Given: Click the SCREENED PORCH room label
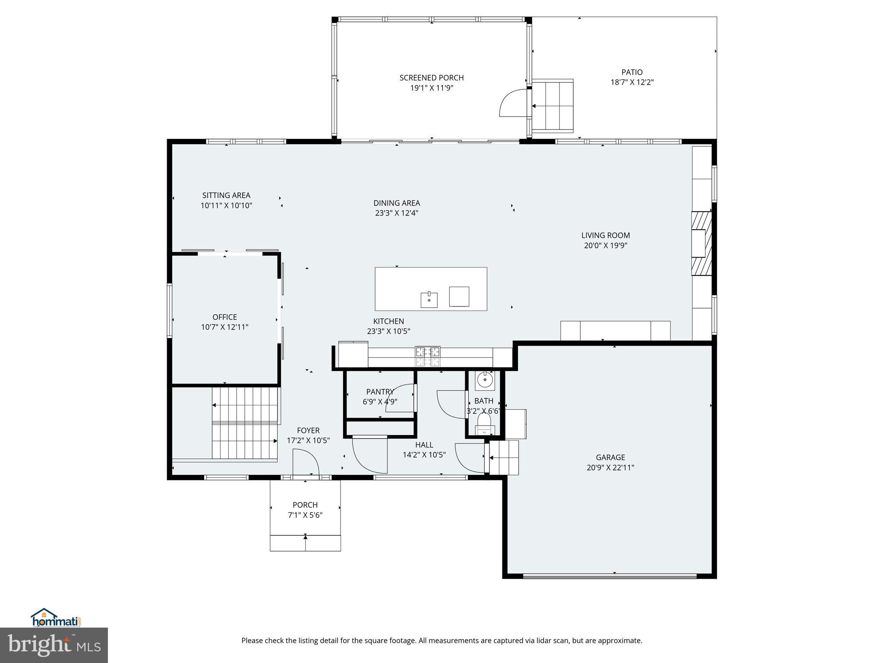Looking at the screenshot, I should (x=431, y=78).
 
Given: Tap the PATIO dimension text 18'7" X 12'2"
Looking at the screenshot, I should (x=631, y=82).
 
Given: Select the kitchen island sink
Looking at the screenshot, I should (x=429, y=300).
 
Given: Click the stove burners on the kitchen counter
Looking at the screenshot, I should (x=428, y=357).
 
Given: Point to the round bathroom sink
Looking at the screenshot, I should (x=485, y=380).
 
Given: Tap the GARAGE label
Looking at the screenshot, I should (x=610, y=457).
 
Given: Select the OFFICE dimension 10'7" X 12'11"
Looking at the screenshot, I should (x=224, y=327).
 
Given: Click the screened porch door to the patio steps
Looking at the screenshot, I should (x=513, y=103).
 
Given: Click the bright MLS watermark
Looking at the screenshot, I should (x=54, y=645).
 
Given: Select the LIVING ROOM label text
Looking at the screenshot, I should (x=605, y=235).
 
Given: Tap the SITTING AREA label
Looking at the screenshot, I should (x=226, y=195).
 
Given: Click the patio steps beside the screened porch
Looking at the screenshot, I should (x=552, y=105).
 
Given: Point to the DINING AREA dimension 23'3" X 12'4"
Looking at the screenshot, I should (x=396, y=213).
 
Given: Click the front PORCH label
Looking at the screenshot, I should (x=305, y=505).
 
